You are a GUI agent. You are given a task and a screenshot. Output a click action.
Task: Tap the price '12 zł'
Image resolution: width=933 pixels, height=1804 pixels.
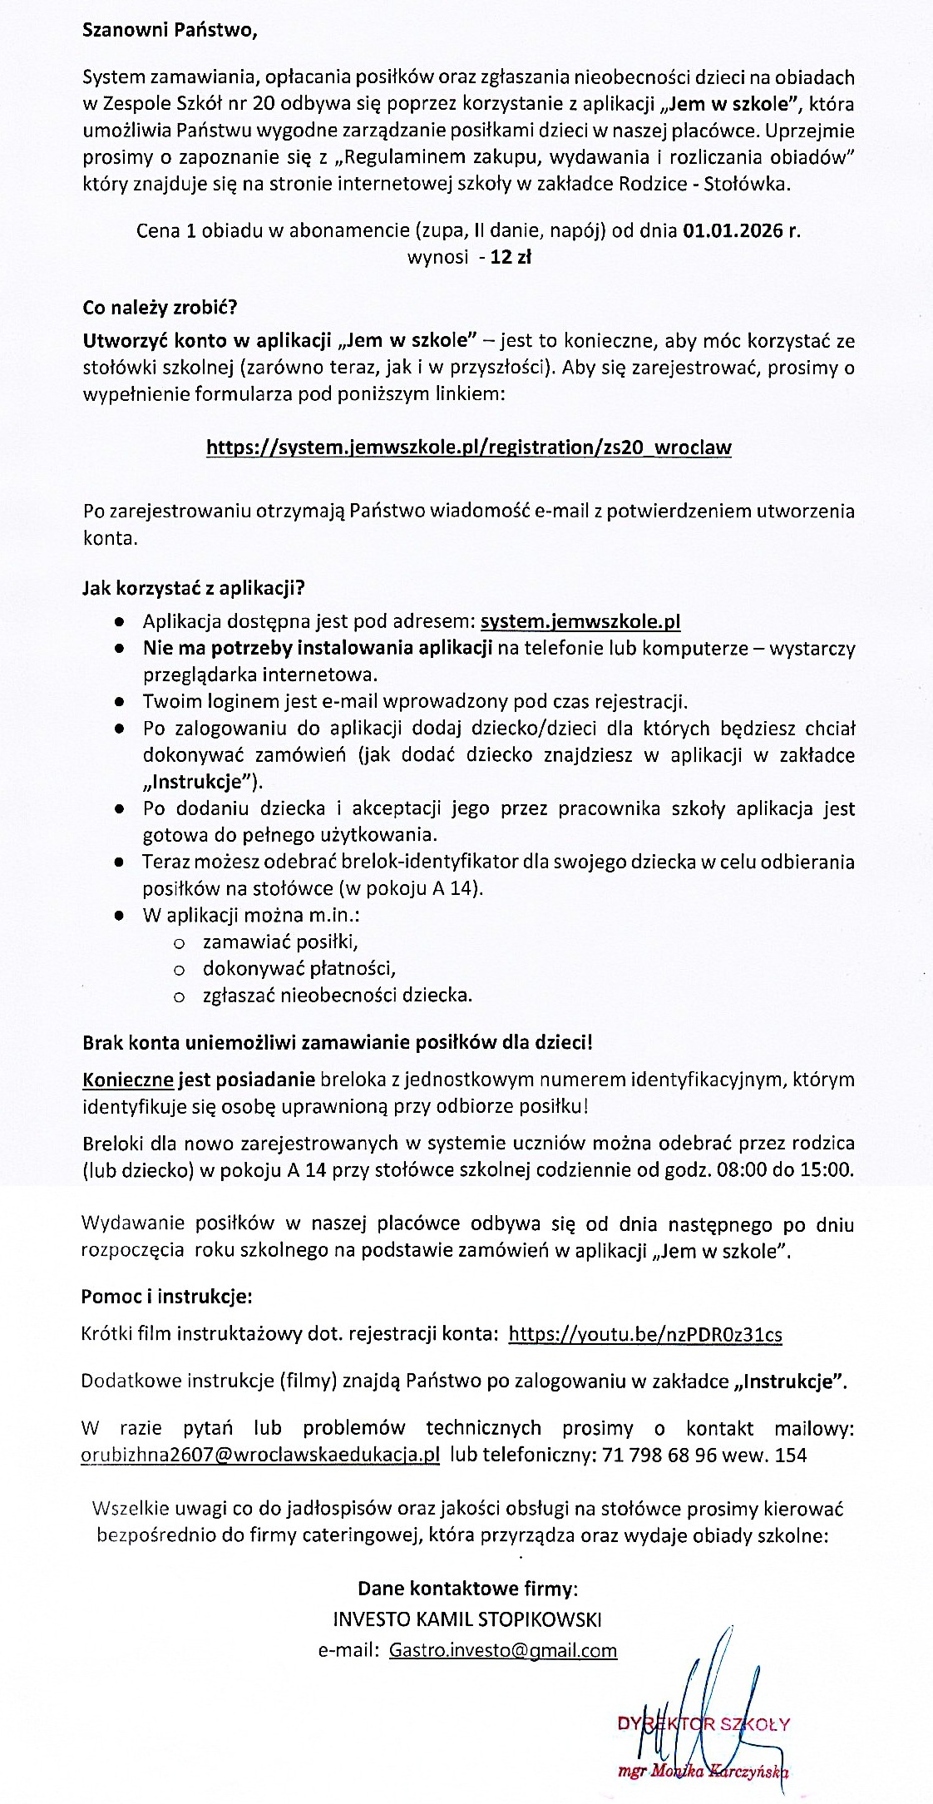(511, 257)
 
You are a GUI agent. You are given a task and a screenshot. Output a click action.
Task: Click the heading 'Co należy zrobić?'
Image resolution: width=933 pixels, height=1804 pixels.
(160, 308)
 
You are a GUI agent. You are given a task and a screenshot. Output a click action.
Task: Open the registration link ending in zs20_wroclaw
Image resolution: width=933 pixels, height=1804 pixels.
(469, 447)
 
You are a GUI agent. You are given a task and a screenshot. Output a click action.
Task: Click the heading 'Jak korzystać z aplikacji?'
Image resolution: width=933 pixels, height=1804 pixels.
(193, 589)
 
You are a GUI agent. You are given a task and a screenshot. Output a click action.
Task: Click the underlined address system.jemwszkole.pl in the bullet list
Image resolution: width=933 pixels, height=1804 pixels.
(581, 621)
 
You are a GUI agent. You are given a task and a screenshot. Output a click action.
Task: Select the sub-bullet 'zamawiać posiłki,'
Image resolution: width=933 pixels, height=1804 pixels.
(280, 942)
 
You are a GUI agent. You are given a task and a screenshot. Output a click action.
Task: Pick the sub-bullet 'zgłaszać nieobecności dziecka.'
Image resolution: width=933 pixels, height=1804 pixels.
(338, 995)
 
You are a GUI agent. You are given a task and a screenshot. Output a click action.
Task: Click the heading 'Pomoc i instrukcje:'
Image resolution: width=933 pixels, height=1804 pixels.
(166, 1297)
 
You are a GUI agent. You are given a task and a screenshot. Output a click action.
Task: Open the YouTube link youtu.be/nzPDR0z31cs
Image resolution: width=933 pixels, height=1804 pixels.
(645, 1335)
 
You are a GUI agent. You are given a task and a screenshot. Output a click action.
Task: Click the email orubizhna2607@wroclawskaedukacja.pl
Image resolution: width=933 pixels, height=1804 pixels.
(260, 1456)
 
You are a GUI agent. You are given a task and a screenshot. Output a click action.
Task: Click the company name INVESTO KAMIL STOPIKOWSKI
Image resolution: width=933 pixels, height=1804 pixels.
(467, 1619)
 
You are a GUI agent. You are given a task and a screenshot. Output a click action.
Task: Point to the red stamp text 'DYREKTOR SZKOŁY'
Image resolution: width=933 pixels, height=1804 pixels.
(703, 1724)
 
